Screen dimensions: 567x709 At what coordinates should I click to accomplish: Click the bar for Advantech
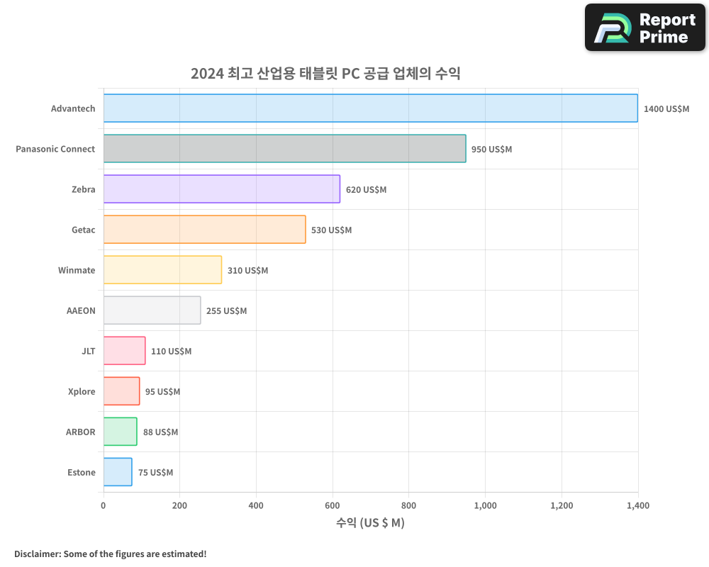tap(370, 108)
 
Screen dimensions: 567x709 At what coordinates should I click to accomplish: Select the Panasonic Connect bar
tap(284, 149)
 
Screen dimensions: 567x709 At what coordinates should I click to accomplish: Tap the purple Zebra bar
tap(221, 189)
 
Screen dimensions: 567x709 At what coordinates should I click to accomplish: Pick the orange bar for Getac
tap(204, 230)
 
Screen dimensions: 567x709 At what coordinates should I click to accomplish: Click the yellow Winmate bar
tap(162, 270)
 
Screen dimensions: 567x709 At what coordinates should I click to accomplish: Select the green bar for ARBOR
tap(120, 432)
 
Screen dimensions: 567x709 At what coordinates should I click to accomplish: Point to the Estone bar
tap(118, 472)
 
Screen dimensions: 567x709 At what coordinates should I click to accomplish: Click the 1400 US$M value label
tap(666, 109)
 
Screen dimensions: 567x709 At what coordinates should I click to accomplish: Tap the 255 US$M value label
tap(226, 311)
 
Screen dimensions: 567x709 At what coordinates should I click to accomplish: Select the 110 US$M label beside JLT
tap(171, 352)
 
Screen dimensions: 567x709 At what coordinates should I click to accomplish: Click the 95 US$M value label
tap(162, 392)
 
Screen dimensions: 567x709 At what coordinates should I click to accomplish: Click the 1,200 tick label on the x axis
tap(562, 506)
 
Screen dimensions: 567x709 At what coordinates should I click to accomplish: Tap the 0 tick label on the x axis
tap(104, 506)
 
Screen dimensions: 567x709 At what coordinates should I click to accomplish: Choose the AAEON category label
tap(80, 311)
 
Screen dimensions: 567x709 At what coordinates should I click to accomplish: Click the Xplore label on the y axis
tap(82, 392)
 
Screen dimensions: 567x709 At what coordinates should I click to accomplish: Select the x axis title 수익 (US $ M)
tap(370, 523)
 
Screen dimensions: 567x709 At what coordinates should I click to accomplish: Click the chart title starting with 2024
tap(325, 74)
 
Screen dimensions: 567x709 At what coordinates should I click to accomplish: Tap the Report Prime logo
tap(645, 28)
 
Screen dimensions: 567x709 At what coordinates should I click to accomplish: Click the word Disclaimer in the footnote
tap(37, 554)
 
